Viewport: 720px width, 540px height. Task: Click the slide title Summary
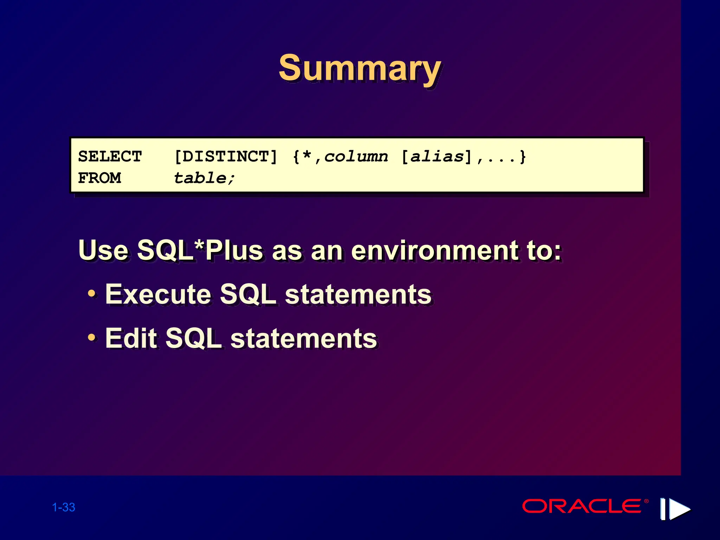359,69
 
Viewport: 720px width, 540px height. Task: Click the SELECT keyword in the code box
110,156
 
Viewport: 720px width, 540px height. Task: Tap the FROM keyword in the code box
99,178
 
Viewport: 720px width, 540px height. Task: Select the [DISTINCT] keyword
226,156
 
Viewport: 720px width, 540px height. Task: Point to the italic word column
356,156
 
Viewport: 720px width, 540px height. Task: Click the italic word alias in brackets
437,156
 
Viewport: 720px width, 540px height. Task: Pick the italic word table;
204,178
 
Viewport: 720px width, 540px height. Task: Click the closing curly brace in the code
523,156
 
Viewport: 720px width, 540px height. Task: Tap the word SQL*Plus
200,250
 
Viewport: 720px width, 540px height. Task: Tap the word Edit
131,338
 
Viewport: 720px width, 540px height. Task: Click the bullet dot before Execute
91,293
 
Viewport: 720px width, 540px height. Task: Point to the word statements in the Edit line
304,338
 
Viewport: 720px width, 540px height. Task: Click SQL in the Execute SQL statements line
248,294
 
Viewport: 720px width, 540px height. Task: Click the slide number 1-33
64,507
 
